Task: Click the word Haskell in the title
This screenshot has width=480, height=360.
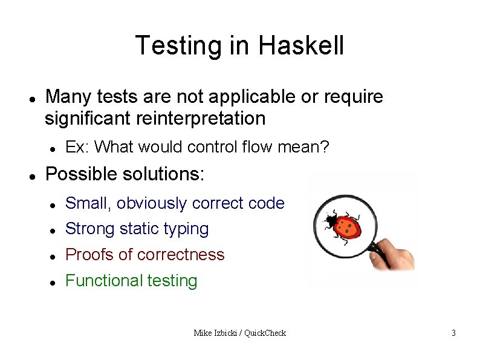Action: (x=301, y=45)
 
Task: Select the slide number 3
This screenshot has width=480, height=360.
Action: (x=453, y=333)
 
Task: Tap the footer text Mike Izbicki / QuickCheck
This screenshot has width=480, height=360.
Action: (x=239, y=333)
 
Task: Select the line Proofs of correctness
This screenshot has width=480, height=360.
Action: (x=144, y=255)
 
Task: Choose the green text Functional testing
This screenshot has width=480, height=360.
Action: (x=131, y=281)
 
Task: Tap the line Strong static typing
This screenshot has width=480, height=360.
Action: (x=137, y=229)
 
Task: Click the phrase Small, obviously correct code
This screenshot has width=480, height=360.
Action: (x=174, y=203)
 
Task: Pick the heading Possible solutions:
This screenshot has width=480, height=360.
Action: (x=125, y=174)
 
